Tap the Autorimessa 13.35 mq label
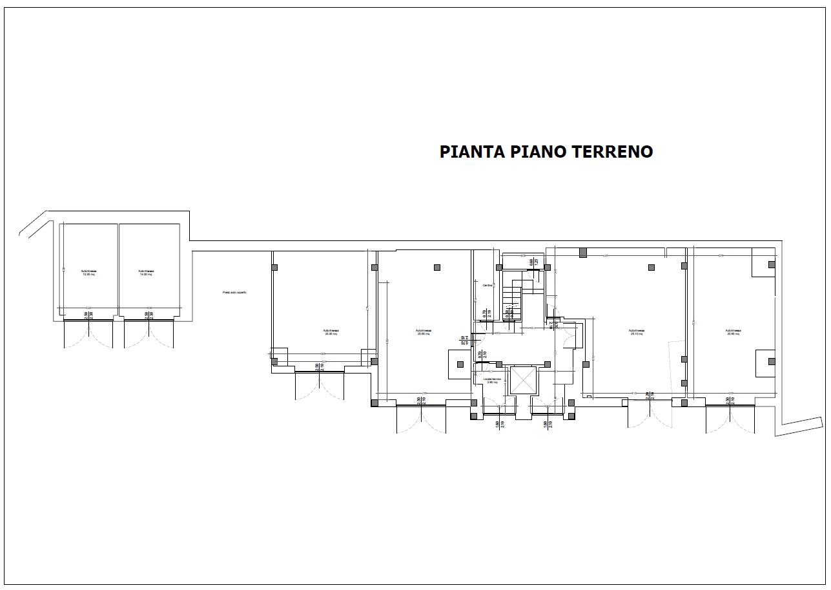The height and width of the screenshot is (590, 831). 88,273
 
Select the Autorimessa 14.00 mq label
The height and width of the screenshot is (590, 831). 145,273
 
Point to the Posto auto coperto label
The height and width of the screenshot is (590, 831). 234,292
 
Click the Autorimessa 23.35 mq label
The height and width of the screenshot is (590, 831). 331,332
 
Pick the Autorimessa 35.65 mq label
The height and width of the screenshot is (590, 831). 424,332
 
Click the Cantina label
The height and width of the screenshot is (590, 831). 487,285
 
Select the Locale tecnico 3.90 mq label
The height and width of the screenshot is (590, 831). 493,381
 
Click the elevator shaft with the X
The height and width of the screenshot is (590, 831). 523,380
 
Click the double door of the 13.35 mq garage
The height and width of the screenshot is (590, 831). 88,333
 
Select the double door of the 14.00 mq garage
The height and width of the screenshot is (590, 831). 149,333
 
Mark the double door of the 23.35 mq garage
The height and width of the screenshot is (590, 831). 320,386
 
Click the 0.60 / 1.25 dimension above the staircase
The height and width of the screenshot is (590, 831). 534,262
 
